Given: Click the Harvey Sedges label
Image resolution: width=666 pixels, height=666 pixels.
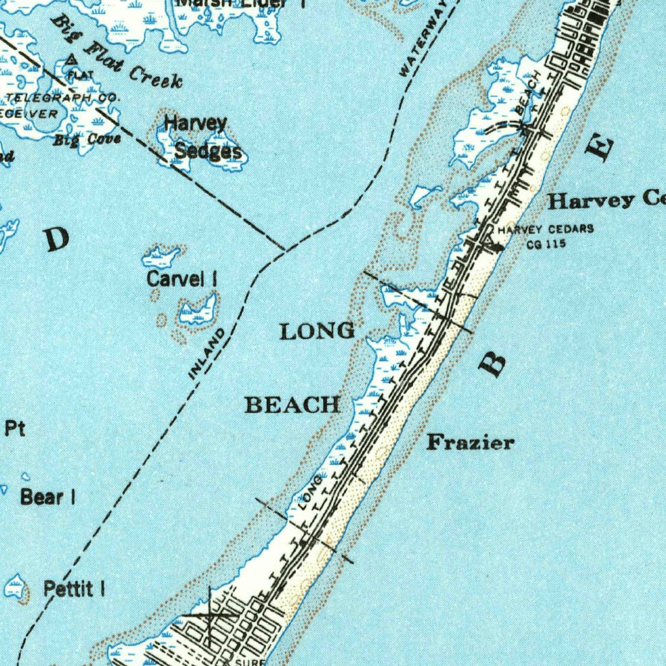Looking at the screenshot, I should [x=202, y=137].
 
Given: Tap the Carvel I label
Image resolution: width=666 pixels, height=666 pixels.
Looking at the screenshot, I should [x=181, y=279].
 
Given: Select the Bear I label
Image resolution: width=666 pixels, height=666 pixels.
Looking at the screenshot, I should [x=47, y=497].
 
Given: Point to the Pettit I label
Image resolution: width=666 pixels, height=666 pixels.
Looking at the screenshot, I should [x=74, y=589].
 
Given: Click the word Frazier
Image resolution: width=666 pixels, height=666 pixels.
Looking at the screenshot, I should [x=470, y=443].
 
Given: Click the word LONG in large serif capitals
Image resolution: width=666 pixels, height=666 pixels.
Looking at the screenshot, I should [x=317, y=331].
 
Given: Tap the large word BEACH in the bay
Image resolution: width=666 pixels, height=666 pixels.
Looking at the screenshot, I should [x=292, y=405].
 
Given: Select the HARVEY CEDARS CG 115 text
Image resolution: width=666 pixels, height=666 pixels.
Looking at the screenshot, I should [x=545, y=236].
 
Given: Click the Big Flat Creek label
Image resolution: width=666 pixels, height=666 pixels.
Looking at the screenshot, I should [x=117, y=54].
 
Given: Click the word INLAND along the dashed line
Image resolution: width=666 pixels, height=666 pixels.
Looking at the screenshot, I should [x=207, y=354].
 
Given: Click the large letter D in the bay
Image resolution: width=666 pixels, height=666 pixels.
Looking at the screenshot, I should [x=57, y=240].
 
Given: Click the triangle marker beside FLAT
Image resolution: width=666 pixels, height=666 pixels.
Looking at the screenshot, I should [x=72, y=61].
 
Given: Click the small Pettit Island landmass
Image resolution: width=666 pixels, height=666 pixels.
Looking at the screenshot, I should [x=16, y=587].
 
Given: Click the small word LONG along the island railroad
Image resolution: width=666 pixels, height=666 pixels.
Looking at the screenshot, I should [x=311, y=492].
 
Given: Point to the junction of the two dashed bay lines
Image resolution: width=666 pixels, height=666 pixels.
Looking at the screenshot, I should [x=284, y=249].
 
